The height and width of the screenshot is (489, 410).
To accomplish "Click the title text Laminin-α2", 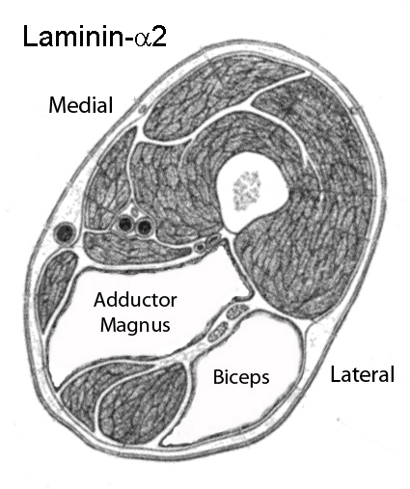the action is click(x=95, y=37).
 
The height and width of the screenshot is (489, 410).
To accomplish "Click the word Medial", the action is click(x=81, y=104).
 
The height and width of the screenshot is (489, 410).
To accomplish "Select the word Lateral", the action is click(x=363, y=374).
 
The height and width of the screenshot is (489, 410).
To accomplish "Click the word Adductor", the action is click(x=135, y=299).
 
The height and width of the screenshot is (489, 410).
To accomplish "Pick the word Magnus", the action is click(x=135, y=325).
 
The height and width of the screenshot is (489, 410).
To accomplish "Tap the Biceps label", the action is click(x=241, y=377).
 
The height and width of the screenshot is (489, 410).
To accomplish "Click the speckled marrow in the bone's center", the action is click(x=247, y=190).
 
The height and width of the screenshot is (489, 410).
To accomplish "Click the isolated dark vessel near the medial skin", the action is click(x=66, y=233).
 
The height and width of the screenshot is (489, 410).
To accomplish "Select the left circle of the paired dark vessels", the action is click(x=125, y=224).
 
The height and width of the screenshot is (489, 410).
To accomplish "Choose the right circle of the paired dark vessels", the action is click(x=144, y=227).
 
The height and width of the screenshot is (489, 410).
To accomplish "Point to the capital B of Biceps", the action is click(x=218, y=376).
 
